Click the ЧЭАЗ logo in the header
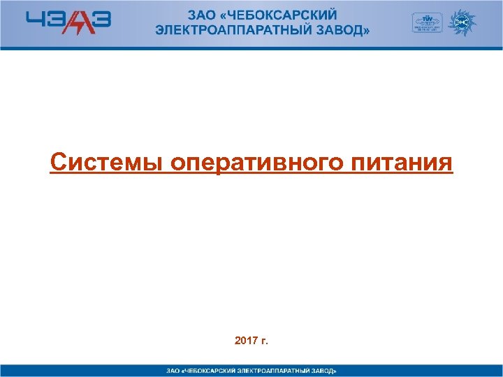coord(68,22)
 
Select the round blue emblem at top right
coord(461,22)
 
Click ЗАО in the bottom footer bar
coord(171,370)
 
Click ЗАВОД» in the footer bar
coord(324,370)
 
